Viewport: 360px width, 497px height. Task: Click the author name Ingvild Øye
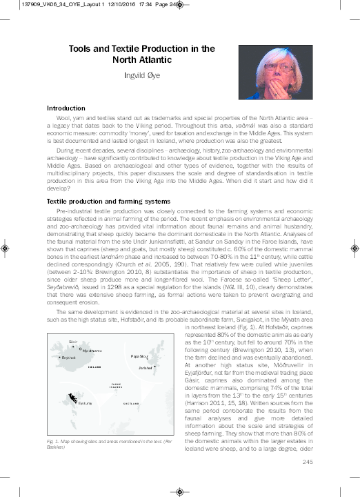pos(140,76)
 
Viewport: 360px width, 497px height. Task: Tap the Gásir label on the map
pos(72,342)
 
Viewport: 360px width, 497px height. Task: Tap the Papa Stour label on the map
pos(139,356)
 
